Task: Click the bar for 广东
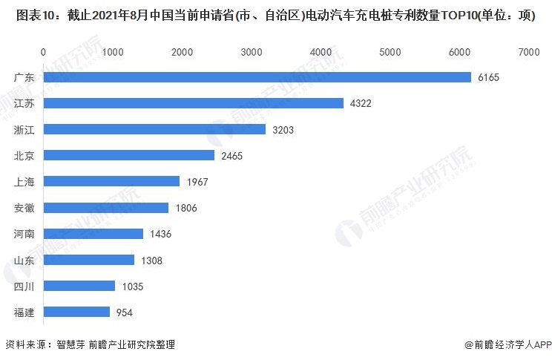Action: tap(257, 77)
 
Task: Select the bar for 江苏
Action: tap(194, 103)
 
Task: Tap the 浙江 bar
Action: tap(154, 129)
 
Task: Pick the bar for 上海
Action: tap(111, 181)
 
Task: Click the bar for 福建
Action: tap(76, 312)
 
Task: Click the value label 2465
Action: tap(231, 156)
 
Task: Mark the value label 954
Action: tap(124, 312)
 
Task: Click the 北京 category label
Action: tap(24, 155)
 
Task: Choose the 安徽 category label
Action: tap(24, 207)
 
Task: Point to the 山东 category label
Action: tap(24, 260)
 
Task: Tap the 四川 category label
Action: tap(24, 286)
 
